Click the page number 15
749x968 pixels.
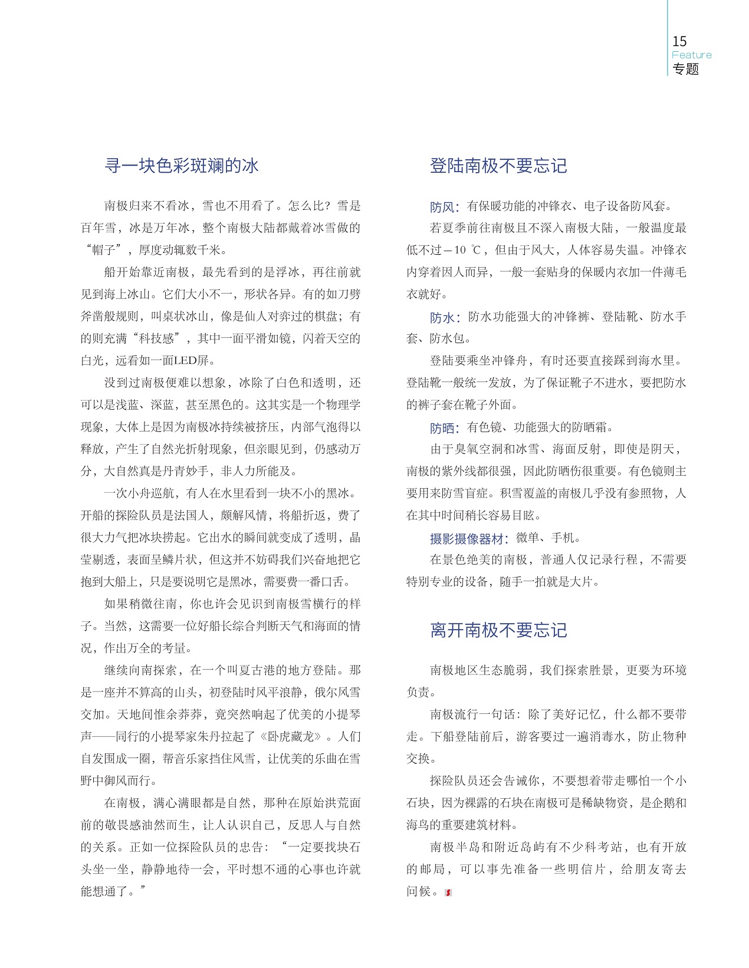(679, 41)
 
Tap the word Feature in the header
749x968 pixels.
(691, 55)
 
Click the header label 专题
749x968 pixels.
(685, 69)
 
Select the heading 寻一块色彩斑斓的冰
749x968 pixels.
(181, 166)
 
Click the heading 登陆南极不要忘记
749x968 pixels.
(498, 166)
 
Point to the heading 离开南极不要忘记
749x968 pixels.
(498, 630)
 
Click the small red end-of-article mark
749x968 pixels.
(448, 893)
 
